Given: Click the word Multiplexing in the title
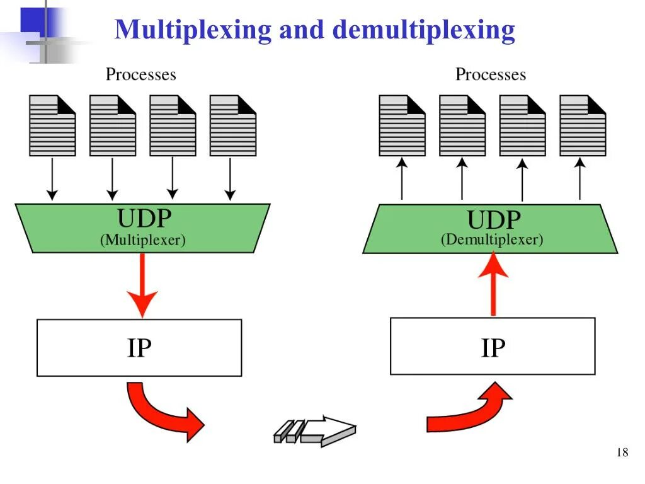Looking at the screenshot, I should tap(193, 30).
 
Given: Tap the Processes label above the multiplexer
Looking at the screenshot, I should tap(141, 74).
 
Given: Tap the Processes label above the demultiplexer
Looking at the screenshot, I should tap(491, 74).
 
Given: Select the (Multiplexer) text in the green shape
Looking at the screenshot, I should tap(143, 240).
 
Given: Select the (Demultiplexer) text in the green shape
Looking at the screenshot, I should tap(492, 239).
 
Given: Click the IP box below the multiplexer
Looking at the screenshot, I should tap(139, 348).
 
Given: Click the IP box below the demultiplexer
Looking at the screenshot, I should tap(493, 347).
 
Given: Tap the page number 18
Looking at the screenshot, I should tap(622, 452).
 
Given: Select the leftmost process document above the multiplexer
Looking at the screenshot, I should tap(52, 125).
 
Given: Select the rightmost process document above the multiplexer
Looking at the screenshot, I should tap(232, 125).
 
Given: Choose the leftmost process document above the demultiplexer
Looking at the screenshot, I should tap(402, 125).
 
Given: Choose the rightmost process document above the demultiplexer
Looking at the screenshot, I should tap(583, 125).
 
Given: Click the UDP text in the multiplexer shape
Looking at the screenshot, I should tap(144, 218).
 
